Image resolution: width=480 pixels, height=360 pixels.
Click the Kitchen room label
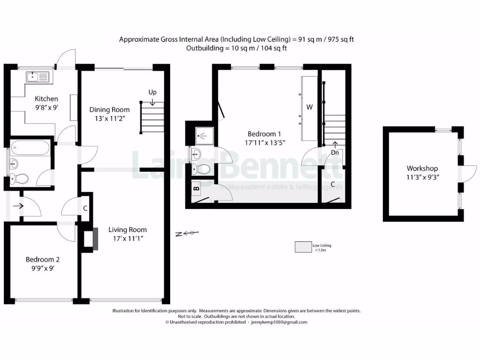(x=47, y=98)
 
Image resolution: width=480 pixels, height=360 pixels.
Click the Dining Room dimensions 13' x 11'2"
(x=109, y=119)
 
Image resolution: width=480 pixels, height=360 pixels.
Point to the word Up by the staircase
(x=152, y=92)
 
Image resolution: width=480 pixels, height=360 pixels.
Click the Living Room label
(x=127, y=230)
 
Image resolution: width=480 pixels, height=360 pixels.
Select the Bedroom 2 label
(x=43, y=259)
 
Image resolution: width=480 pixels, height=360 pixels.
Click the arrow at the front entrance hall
(x=19, y=205)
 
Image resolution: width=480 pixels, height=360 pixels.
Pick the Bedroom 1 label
(x=265, y=134)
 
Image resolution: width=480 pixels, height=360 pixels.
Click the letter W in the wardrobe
(x=309, y=107)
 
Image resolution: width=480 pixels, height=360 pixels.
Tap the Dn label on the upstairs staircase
(x=335, y=152)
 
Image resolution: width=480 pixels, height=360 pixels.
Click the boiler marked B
(x=196, y=189)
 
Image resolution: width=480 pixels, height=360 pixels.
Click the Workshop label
(x=422, y=168)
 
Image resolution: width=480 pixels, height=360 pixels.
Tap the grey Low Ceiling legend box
(x=303, y=247)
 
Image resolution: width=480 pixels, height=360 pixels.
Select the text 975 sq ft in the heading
(x=338, y=39)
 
